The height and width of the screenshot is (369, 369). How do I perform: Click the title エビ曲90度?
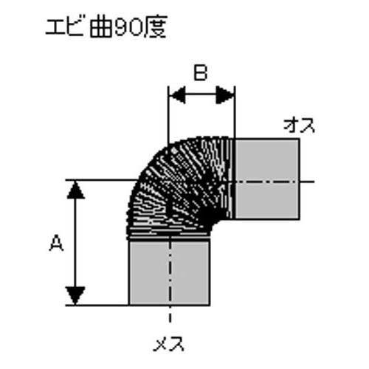click(x=106, y=27)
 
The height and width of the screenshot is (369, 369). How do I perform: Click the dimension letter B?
click(x=201, y=73)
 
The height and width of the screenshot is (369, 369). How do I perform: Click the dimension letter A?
click(x=57, y=243)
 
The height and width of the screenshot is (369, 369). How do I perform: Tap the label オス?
click(x=299, y=125)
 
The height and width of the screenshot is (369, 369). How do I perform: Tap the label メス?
click(x=169, y=343)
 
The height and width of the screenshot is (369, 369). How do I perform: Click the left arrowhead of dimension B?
click(x=178, y=94)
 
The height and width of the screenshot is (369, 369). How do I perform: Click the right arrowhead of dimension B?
click(x=224, y=94)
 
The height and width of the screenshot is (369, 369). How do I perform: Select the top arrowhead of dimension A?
click(x=75, y=190)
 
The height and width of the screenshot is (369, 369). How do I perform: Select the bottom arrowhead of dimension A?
click(x=75, y=295)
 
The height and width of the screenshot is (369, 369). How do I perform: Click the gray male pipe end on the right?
click(x=268, y=179)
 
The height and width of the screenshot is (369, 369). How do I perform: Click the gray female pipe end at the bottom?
click(x=170, y=273)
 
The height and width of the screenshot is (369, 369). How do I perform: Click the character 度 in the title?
click(x=154, y=27)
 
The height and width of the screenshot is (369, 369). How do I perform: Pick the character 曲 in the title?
click(x=101, y=27)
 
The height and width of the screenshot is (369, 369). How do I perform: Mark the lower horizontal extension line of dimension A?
click(x=97, y=306)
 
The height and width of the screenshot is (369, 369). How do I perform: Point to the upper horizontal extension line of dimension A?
click(x=102, y=180)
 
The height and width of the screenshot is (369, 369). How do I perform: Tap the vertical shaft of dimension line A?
click(x=75, y=243)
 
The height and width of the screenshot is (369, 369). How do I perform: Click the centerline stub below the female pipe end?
click(x=170, y=314)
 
